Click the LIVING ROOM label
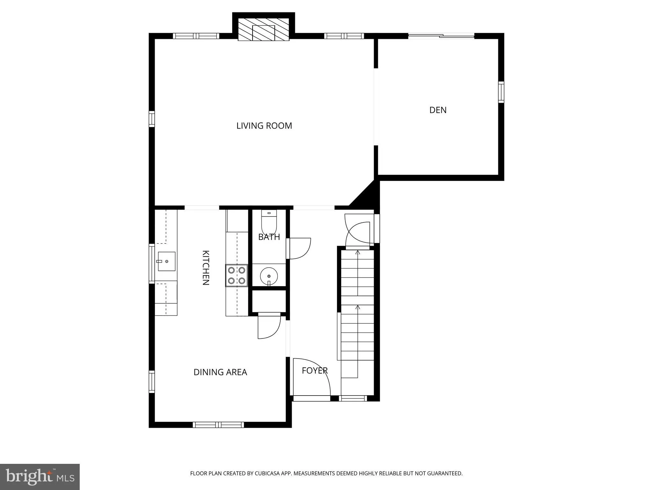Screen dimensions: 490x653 tap(264, 126)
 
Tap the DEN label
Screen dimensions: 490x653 tap(438, 110)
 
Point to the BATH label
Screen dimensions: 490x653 tap(269, 237)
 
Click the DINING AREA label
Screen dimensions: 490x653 tap(220, 372)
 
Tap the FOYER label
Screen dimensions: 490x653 tap(314, 370)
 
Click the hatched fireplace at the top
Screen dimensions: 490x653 tap(263, 29)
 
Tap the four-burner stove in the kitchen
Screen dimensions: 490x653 tap(237, 275)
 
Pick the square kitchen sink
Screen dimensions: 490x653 tap(166, 261)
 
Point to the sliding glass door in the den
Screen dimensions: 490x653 tap(441, 36)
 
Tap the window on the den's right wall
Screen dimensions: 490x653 tap(501, 92)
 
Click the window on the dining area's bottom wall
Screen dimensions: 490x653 tap(218, 425)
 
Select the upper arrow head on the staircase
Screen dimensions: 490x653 tap(357, 252)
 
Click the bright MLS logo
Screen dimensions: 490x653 tap(40, 477)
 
